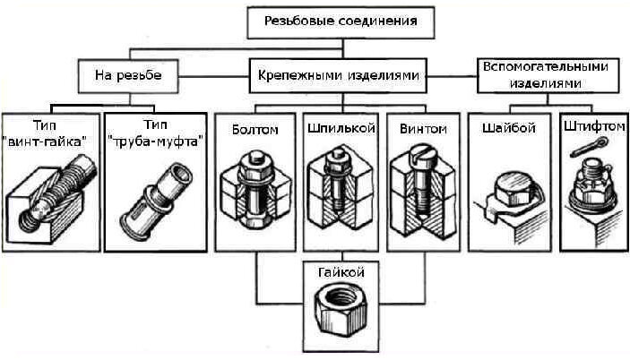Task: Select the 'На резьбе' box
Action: click(128, 75)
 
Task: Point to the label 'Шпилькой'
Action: click(341, 129)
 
